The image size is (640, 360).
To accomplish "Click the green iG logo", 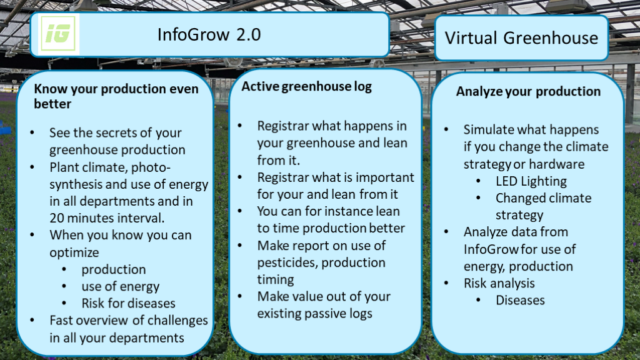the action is point(58,34).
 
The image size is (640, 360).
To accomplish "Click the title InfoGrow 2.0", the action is point(209,35).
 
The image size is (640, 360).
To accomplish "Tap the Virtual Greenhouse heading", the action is point(521,38).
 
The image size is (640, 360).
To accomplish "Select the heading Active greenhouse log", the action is point(306,86).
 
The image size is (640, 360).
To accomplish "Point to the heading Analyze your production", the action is point(528,91).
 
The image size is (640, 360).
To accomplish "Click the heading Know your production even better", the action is point(116,96).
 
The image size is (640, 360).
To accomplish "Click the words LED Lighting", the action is point(531,181).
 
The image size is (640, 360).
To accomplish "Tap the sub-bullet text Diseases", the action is point(520,300).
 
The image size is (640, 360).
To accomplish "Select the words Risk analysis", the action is point(499,283).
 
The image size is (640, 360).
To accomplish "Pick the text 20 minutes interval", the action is point(107,218).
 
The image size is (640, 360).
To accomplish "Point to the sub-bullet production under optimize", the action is point(114,270).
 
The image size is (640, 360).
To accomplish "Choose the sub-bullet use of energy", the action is point(121,287).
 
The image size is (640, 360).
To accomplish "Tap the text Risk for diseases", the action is point(128,303).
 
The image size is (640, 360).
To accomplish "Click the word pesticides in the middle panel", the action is point(286,263).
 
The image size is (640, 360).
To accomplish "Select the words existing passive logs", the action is point(314,314).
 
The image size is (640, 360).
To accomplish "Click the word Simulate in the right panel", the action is point(487,130).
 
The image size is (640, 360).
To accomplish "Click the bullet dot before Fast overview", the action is point(32,321).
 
